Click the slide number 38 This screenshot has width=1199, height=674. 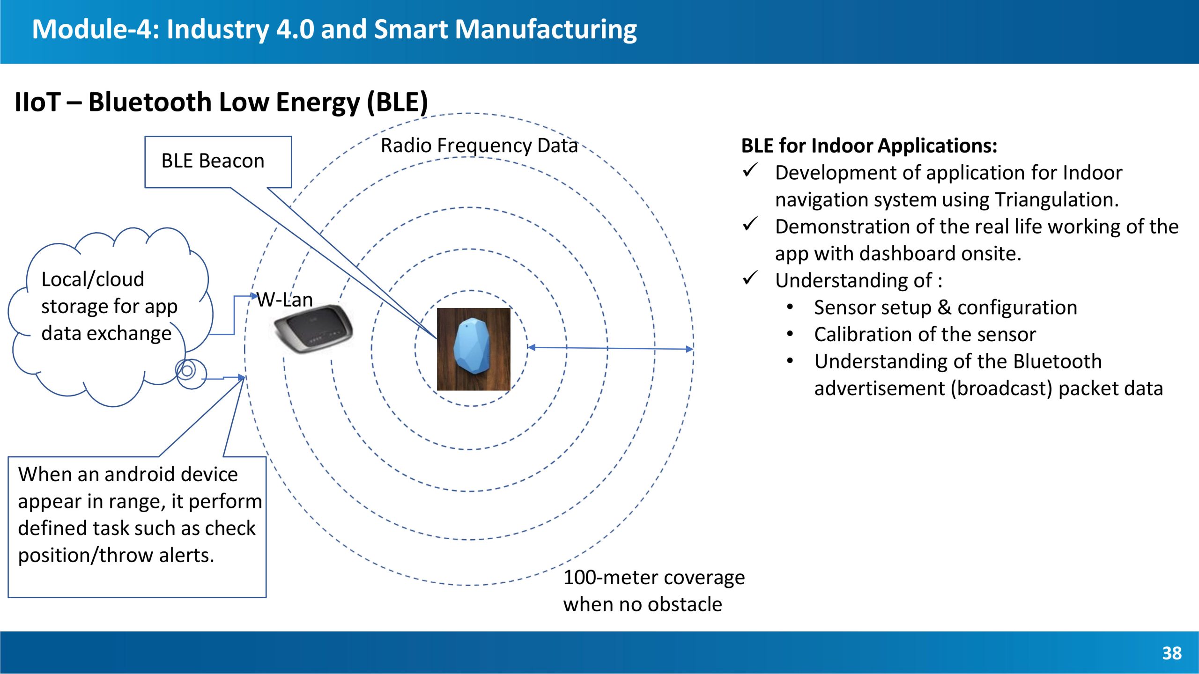tap(1172, 653)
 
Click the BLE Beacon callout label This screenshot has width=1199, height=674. tap(213, 161)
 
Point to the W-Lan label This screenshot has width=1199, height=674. tap(285, 300)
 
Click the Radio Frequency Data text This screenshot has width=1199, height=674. tap(479, 146)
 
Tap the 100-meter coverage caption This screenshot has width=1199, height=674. tap(654, 591)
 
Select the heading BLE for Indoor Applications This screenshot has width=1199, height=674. tap(869, 146)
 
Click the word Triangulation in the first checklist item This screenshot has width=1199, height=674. tap(1057, 200)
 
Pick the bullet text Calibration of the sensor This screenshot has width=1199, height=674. tap(925, 334)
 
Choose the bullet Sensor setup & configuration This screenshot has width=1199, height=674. tap(946, 308)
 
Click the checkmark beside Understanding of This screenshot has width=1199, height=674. tap(750, 278)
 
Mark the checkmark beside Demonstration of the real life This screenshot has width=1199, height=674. tap(750, 224)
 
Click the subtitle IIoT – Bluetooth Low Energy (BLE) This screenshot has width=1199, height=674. tap(221, 102)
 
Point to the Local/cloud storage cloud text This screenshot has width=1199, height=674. tap(109, 306)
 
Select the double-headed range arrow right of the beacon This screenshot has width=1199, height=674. tap(610, 348)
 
